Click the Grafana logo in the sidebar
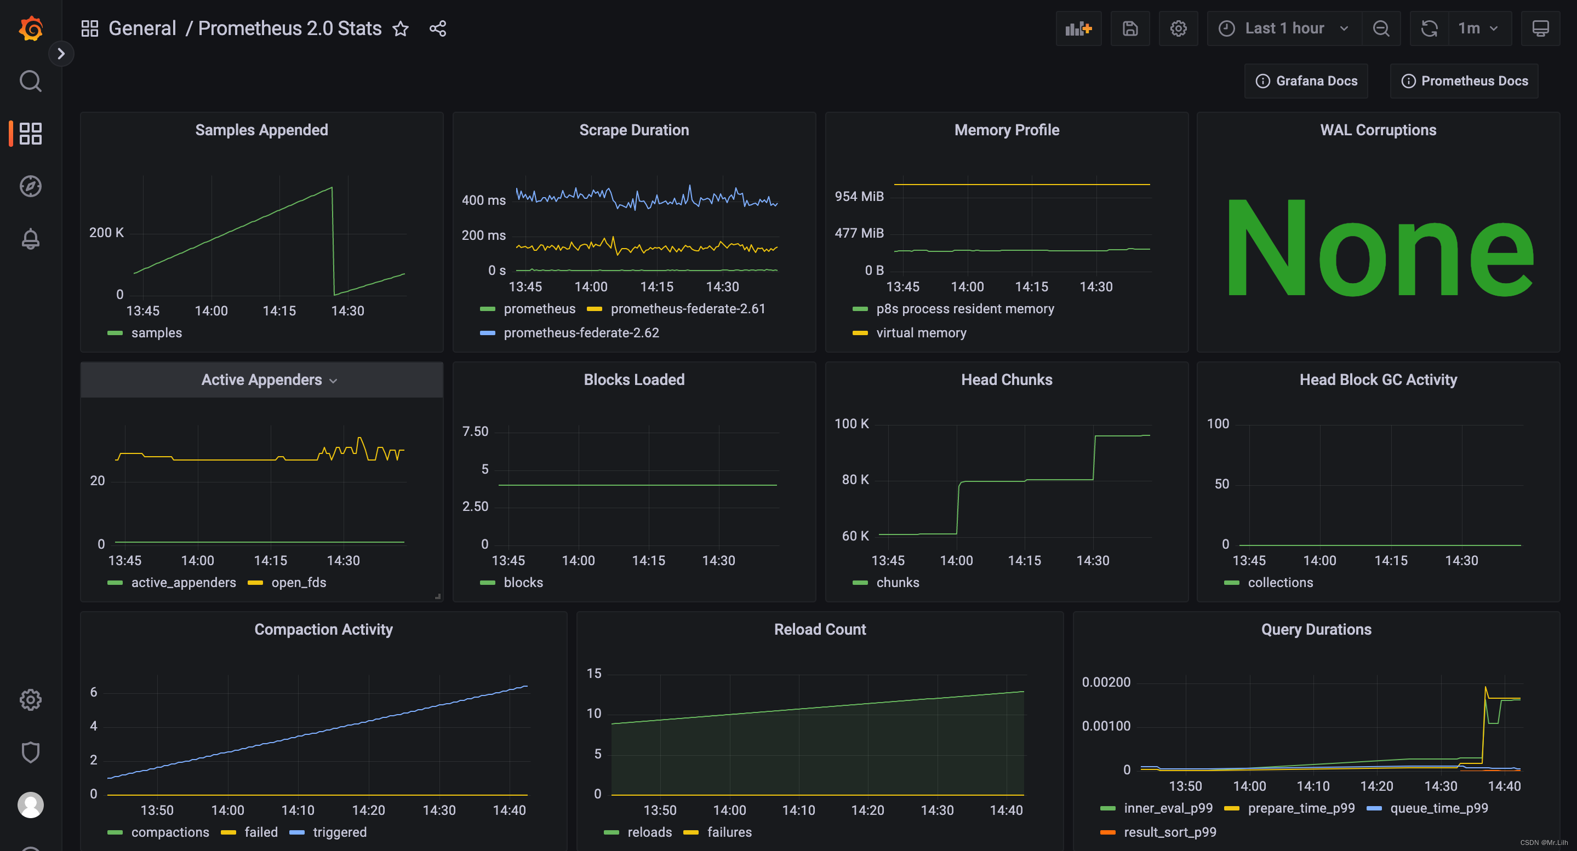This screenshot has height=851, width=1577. pos(31,28)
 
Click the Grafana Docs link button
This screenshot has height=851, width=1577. pos(1306,81)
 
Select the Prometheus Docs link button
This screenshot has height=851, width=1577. pos(1464,81)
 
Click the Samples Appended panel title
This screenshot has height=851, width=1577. pos(261,130)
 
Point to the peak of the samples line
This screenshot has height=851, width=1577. pos(332,188)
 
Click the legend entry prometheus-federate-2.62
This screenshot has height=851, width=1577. pos(581,333)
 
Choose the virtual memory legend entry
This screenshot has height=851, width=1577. pos(921,333)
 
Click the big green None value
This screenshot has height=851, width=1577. pos(1378,248)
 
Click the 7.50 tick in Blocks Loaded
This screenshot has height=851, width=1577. pos(475,432)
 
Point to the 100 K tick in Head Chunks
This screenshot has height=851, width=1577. pos(851,423)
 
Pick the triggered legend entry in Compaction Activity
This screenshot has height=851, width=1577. pos(339,832)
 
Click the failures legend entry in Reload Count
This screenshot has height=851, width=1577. pos(729,832)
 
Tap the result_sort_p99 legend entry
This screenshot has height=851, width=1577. pos(1169,832)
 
